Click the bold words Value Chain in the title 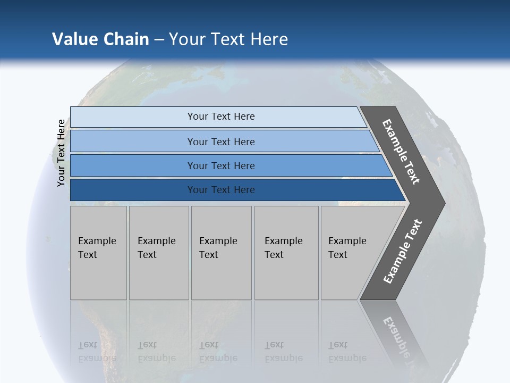pyautogui.click(x=100, y=39)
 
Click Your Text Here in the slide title pyautogui.click(x=228, y=39)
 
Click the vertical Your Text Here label pyautogui.click(x=61, y=153)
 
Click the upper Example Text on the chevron pyautogui.click(x=401, y=152)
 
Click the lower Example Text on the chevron pyautogui.click(x=403, y=252)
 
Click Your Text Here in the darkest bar pyautogui.click(x=221, y=190)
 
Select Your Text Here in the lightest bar pyautogui.click(x=221, y=116)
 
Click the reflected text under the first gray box pyautogui.click(x=97, y=352)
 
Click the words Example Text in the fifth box pyautogui.click(x=347, y=247)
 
